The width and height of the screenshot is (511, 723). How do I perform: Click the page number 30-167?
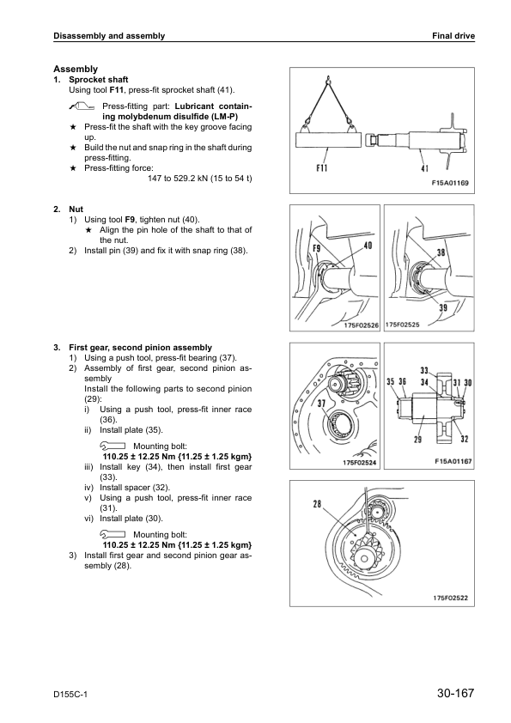click(x=456, y=693)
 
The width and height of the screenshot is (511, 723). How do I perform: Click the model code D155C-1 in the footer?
click(x=70, y=695)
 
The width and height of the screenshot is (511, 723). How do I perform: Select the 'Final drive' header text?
click(x=453, y=36)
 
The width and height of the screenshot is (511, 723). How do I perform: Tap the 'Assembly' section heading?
click(x=76, y=70)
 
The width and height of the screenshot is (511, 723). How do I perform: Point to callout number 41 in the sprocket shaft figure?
click(x=424, y=169)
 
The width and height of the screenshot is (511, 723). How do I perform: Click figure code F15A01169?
click(x=450, y=183)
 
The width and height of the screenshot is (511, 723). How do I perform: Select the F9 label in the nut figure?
click(x=317, y=248)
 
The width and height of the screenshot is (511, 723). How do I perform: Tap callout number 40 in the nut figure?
click(x=368, y=246)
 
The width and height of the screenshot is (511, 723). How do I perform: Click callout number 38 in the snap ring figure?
click(x=441, y=252)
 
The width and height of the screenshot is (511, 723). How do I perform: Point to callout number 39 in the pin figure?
click(x=443, y=307)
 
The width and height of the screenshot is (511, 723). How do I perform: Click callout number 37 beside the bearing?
click(x=321, y=404)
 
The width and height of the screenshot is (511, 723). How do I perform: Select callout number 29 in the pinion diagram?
click(x=417, y=439)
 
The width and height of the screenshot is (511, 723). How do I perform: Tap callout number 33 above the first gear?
click(x=424, y=370)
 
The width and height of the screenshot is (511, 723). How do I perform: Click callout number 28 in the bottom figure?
click(x=317, y=504)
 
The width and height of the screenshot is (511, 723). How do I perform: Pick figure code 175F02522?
click(x=450, y=598)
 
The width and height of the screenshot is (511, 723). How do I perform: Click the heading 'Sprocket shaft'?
click(x=99, y=80)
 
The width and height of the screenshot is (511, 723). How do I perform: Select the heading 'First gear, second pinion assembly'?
click(x=141, y=348)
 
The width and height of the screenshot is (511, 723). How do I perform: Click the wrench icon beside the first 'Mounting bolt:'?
click(x=112, y=446)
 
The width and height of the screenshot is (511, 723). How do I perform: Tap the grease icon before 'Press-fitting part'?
click(x=82, y=106)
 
